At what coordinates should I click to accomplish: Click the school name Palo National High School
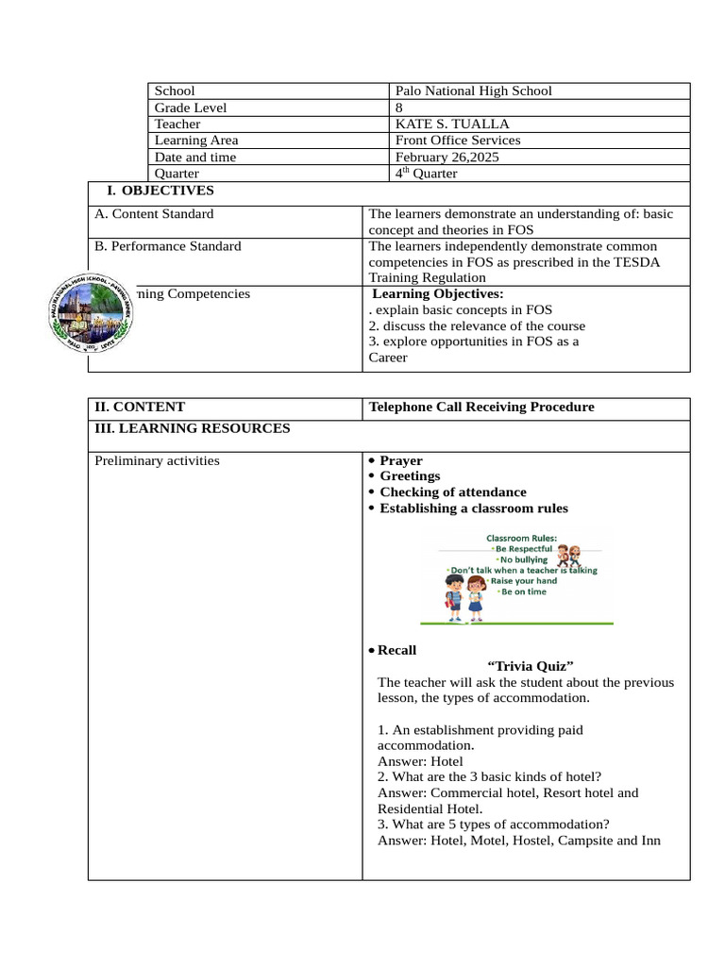[473, 91]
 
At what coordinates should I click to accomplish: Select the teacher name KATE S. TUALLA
[445, 124]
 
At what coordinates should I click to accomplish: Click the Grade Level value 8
[400, 108]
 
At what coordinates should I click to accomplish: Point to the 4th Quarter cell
[427, 174]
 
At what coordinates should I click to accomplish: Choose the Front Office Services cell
[458, 141]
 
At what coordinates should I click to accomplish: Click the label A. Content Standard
[154, 214]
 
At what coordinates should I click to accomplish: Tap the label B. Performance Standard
[168, 246]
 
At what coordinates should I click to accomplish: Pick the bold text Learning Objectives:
[438, 294]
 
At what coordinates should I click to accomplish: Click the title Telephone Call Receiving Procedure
[481, 408]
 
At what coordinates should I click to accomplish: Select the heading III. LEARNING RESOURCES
[193, 428]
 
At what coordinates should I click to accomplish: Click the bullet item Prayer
[400, 460]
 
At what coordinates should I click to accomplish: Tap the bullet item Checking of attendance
[452, 492]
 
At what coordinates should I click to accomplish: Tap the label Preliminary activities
[157, 460]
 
